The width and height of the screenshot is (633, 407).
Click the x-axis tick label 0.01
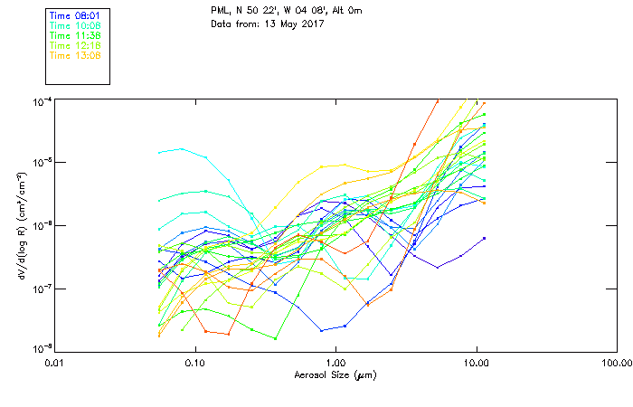pos(54,362)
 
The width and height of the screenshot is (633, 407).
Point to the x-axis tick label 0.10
pos(194,362)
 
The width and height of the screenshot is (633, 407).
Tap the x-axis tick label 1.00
pos(335,362)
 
